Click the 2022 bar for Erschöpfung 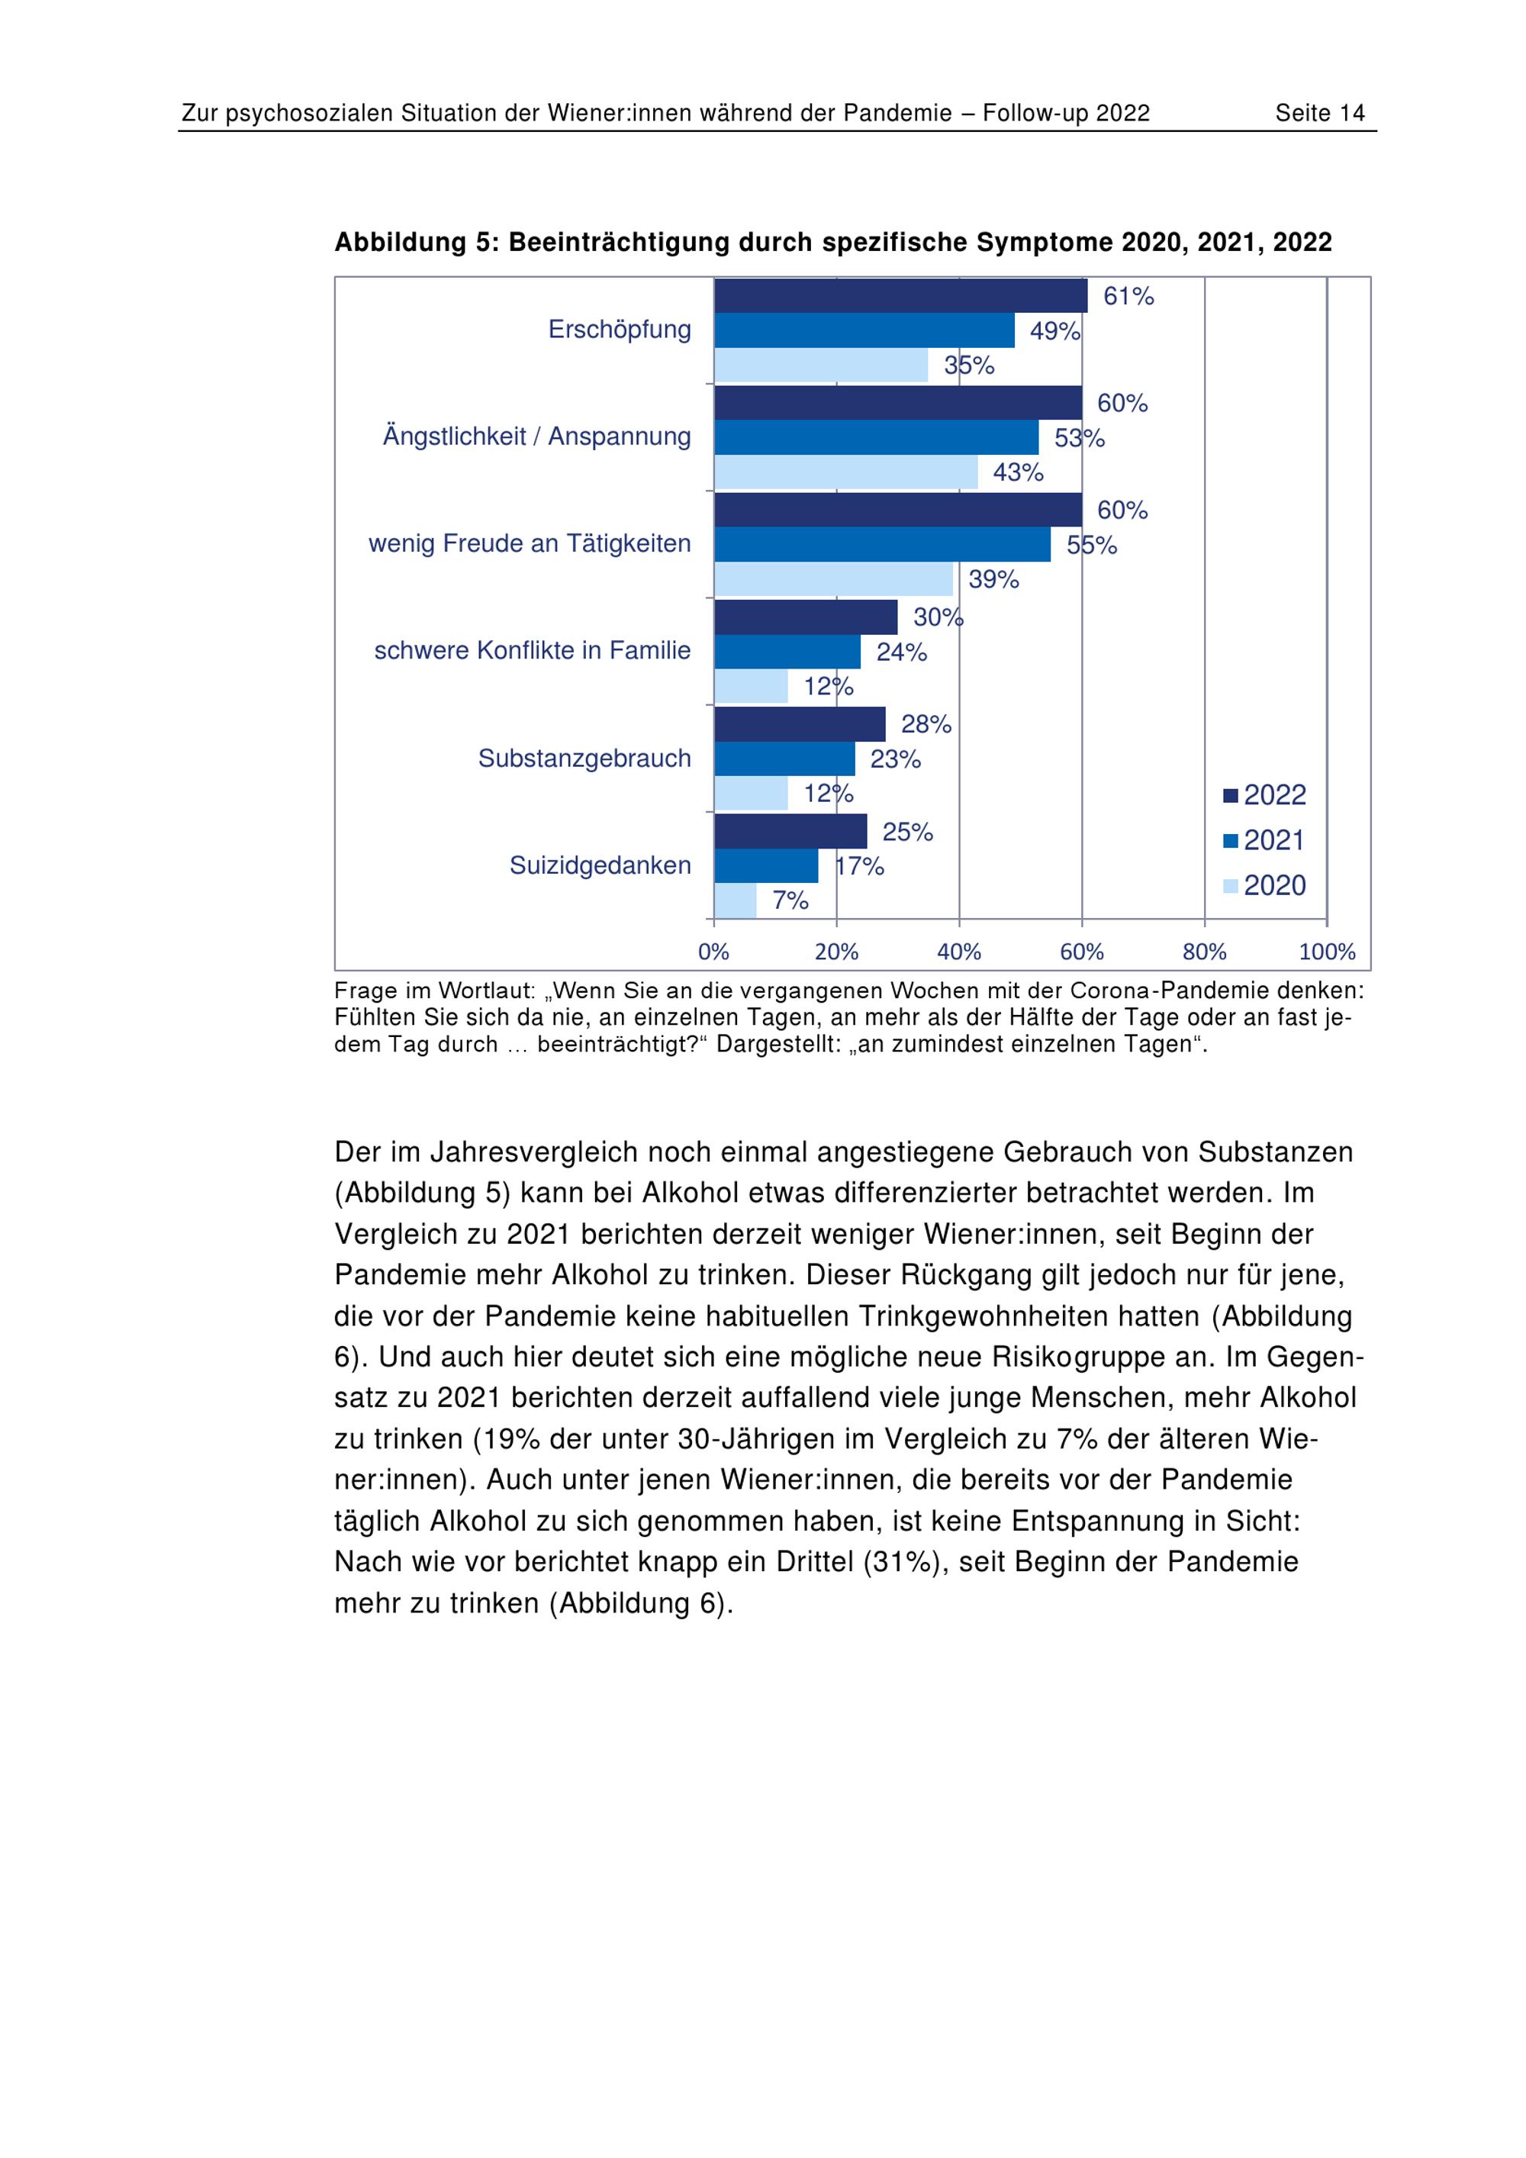point(900,296)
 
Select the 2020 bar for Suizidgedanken point(735,900)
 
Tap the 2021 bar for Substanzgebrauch point(784,759)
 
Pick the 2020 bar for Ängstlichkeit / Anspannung point(845,472)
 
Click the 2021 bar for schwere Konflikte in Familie point(787,652)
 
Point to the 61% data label point(1128,297)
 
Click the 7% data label point(790,900)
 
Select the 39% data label point(993,579)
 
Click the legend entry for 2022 point(1265,795)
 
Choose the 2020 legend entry point(1265,885)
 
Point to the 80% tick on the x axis point(1205,952)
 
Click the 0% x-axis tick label point(713,952)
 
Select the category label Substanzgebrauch point(584,759)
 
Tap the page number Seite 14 point(1319,114)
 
